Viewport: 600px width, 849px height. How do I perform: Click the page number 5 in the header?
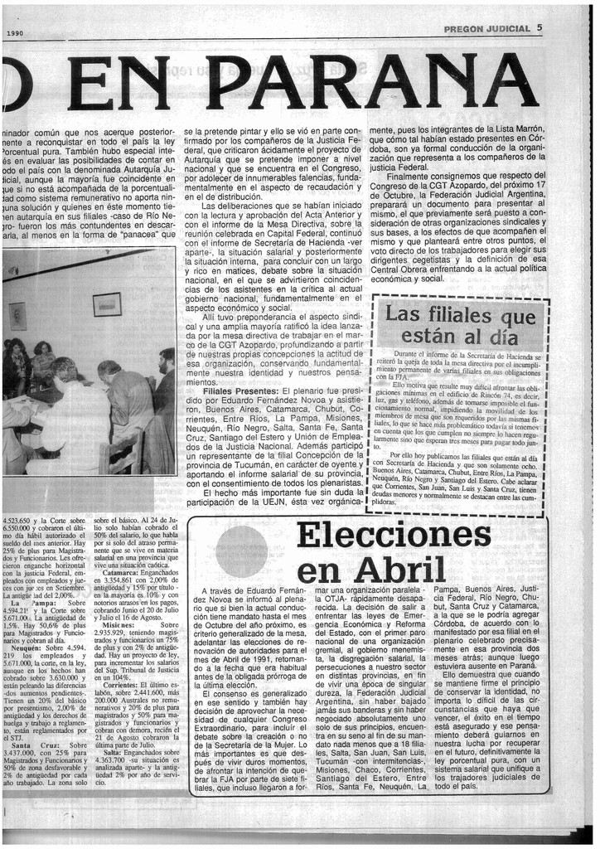pos(540,27)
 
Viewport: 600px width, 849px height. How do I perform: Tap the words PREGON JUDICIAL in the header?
pos(487,28)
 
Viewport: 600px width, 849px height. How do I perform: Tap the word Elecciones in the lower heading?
pos(393,536)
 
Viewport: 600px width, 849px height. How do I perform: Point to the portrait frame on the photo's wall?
pos(17,315)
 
